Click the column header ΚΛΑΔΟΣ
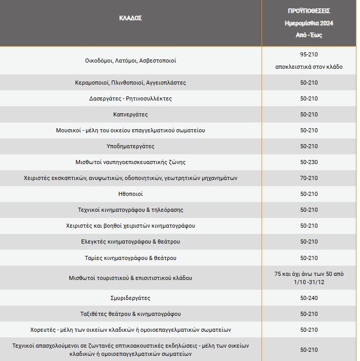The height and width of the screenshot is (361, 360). click(130, 18)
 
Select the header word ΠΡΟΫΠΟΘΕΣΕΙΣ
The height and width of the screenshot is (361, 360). click(309, 10)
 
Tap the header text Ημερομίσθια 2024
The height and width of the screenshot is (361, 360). click(309, 23)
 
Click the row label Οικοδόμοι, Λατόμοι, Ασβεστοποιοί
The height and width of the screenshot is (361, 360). click(130, 61)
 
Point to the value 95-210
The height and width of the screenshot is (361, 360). click(309, 54)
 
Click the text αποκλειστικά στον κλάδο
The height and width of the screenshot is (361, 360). click(309, 67)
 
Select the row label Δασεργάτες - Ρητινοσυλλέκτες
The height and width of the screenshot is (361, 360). click(130, 98)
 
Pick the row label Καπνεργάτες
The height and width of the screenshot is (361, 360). click(130, 114)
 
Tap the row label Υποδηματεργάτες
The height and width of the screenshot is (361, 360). click(130, 146)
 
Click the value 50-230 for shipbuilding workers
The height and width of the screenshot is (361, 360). click(309, 162)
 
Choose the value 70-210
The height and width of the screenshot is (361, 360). click(309, 178)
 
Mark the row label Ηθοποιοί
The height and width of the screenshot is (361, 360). click(130, 194)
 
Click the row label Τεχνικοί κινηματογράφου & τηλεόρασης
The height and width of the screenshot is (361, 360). click(130, 210)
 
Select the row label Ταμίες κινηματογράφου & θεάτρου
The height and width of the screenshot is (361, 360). click(130, 258)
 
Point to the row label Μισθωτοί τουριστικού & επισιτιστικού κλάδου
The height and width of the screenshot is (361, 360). click(130, 278)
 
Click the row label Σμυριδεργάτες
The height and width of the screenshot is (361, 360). click(130, 298)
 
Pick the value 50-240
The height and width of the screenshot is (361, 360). click(309, 298)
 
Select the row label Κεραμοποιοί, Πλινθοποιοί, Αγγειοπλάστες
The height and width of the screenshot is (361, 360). click(130, 83)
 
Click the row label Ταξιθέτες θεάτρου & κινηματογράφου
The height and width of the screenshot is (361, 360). click(130, 314)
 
